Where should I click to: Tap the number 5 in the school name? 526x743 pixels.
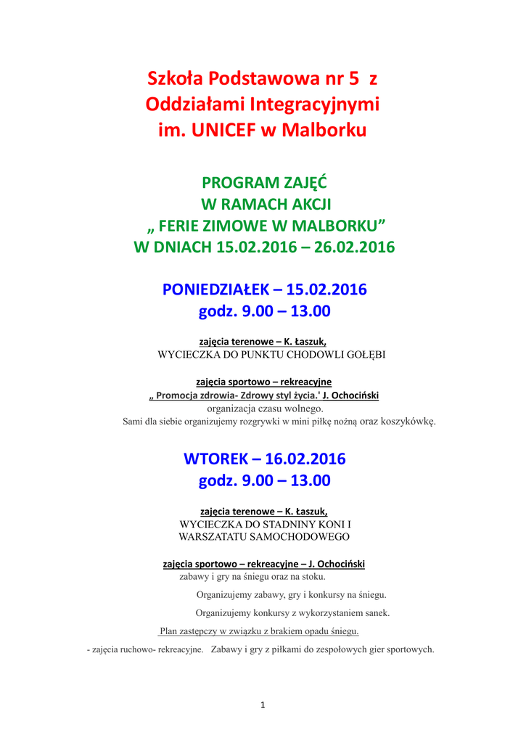tap(353, 77)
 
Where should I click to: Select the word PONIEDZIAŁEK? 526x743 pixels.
tap(215, 290)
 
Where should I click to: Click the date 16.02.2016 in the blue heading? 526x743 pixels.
tap(305, 459)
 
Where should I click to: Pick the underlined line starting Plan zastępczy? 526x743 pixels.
tap(259, 631)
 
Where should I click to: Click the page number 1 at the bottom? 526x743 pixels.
tap(263, 705)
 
